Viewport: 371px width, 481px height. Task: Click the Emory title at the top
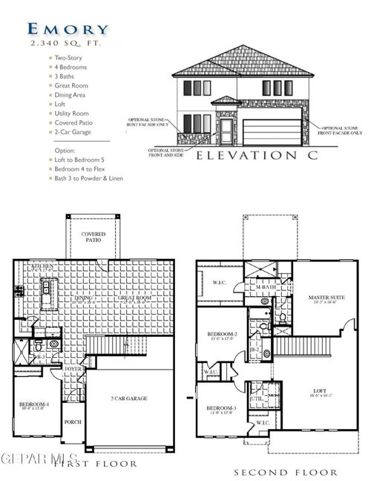(x=68, y=29)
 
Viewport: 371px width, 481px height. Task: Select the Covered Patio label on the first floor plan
(x=93, y=237)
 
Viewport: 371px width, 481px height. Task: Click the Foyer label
(x=73, y=369)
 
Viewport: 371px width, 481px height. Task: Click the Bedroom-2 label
(x=223, y=336)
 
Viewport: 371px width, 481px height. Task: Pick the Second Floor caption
(x=286, y=472)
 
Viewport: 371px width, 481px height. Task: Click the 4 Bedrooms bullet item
(x=71, y=68)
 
